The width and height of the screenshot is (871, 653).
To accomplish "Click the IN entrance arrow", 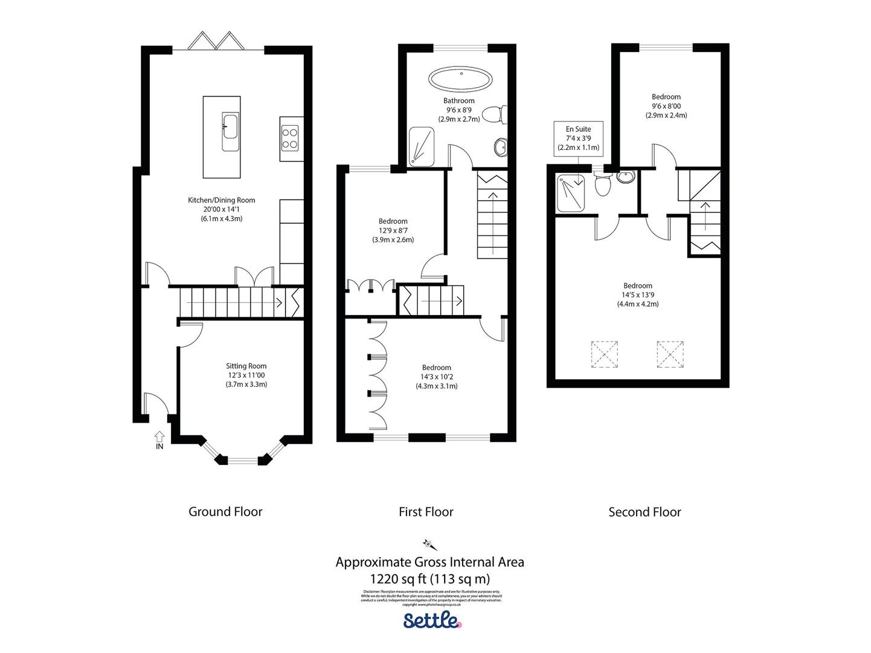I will pos(159,436).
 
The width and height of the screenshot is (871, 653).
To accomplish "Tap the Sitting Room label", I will pos(246,366).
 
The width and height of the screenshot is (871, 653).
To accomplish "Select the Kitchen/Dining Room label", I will pos(221,200).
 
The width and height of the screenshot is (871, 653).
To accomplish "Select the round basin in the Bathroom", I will pos(501,147).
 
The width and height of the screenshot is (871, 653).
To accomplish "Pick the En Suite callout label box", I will pos(578,138).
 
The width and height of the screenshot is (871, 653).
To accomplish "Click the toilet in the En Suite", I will pos(602,185).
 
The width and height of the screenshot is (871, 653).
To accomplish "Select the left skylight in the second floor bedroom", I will pos(605,354).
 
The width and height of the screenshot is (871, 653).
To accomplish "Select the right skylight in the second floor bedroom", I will pos(670,354).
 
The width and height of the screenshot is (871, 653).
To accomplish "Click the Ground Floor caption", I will pos(225,512).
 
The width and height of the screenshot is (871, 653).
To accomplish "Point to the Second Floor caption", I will pos(644,512).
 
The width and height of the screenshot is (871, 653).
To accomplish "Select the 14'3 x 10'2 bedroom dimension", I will pos(436,377).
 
